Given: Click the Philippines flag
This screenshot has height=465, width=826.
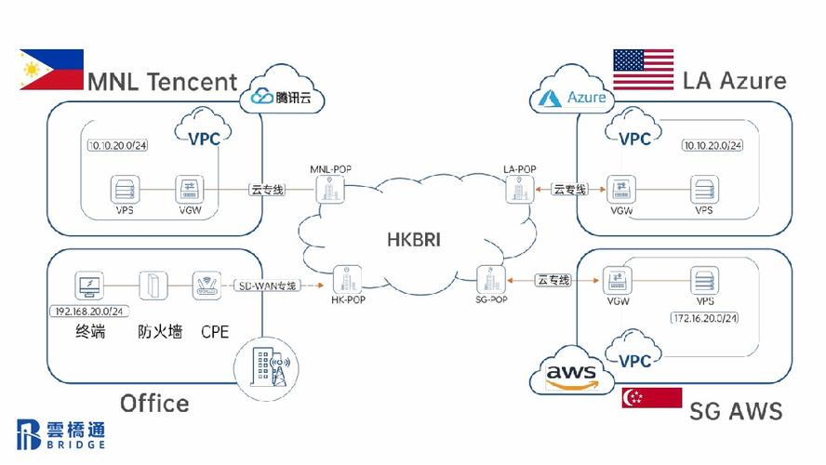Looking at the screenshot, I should click(x=52, y=70).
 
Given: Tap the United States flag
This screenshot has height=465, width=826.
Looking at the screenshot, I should click(x=643, y=72).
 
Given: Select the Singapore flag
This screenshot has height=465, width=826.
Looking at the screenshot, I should click(x=651, y=398).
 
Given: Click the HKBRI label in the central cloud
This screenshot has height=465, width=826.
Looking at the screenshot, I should click(x=414, y=239).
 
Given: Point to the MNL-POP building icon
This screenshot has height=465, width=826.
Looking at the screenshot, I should click(x=330, y=190).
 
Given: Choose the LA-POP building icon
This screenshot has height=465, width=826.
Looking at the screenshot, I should click(x=518, y=190).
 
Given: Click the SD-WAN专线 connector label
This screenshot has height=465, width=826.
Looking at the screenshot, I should click(x=266, y=286).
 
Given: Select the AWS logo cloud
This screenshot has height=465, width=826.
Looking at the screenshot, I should click(x=570, y=375).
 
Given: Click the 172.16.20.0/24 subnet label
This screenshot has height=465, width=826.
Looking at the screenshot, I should click(x=705, y=318).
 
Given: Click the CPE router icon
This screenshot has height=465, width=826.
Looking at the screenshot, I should click(x=206, y=286).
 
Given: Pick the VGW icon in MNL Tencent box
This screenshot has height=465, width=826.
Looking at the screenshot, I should click(x=192, y=191).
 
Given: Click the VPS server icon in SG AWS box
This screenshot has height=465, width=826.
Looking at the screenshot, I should click(x=704, y=281).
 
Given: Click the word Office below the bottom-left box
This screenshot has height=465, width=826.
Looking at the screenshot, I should click(x=154, y=403).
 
